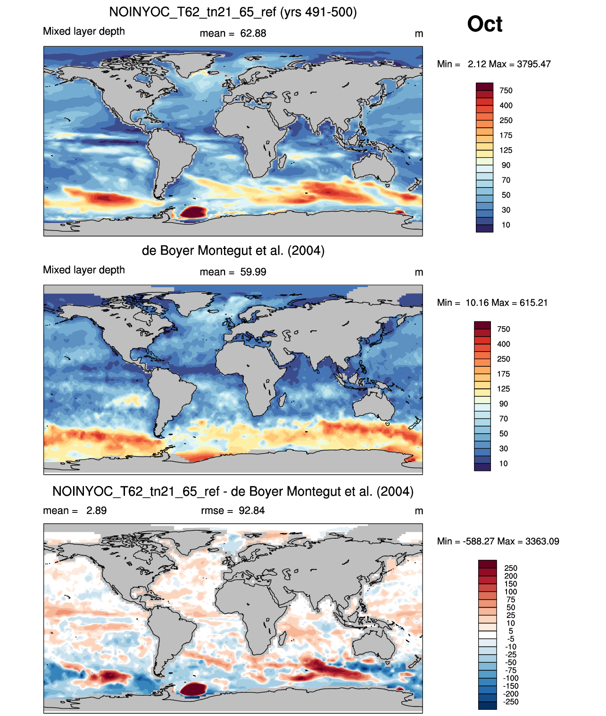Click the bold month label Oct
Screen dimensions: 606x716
click(484, 24)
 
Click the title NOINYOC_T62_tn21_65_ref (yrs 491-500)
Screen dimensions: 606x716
click(233, 12)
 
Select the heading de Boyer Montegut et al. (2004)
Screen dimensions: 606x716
click(233, 250)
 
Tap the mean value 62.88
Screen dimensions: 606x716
click(253, 33)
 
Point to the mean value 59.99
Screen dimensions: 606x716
click(253, 272)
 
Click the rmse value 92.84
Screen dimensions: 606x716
click(251, 510)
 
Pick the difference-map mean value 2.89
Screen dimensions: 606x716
click(96, 510)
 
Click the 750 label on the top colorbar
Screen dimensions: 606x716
click(506, 91)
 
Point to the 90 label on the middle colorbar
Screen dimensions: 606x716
click(504, 404)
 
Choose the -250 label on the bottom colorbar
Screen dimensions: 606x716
click(511, 702)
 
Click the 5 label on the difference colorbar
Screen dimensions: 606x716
click(511, 631)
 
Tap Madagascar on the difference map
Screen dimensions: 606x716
click(282, 638)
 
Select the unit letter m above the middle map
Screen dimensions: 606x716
click(419, 272)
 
